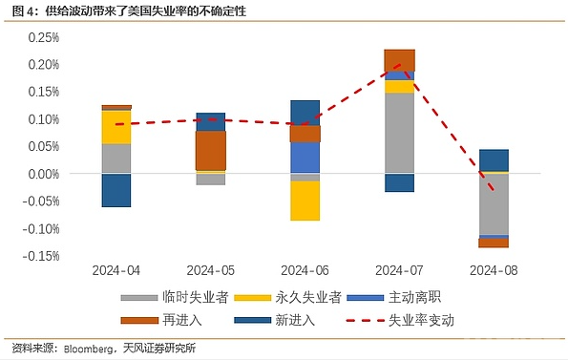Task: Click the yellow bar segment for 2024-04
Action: pyautogui.click(x=116, y=127)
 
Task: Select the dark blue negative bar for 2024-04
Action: pyautogui.click(x=116, y=190)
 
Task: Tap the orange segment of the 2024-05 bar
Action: pyautogui.click(x=211, y=150)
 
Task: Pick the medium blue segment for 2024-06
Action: pyautogui.click(x=305, y=158)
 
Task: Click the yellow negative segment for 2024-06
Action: pyautogui.click(x=305, y=201)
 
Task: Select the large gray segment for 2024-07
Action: pyautogui.click(x=400, y=133)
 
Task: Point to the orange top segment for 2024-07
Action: pyautogui.click(x=400, y=60)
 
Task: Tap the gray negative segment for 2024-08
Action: pyautogui.click(x=494, y=204)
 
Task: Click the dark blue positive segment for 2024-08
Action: pyautogui.click(x=494, y=160)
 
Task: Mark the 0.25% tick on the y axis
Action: pyautogui.click(x=44, y=37)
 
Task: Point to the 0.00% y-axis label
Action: pyautogui.click(x=44, y=174)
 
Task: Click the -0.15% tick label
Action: pyautogui.click(x=41, y=256)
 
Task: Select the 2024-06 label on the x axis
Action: pyautogui.click(x=305, y=270)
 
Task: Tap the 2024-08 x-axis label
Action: pyautogui.click(x=494, y=270)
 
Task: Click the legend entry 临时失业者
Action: pyautogui.click(x=175, y=297)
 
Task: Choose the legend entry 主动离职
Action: pyautogui.click(x=393, y=297)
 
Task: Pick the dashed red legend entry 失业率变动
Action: pyautogui.click(x=400, y=320)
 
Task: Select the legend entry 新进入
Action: pyautogui.click(x=275, y=320)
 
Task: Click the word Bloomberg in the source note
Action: pyautogui.click(x=88, y=349)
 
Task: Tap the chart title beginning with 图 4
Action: pyautogui.click(x=129, y=11)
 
